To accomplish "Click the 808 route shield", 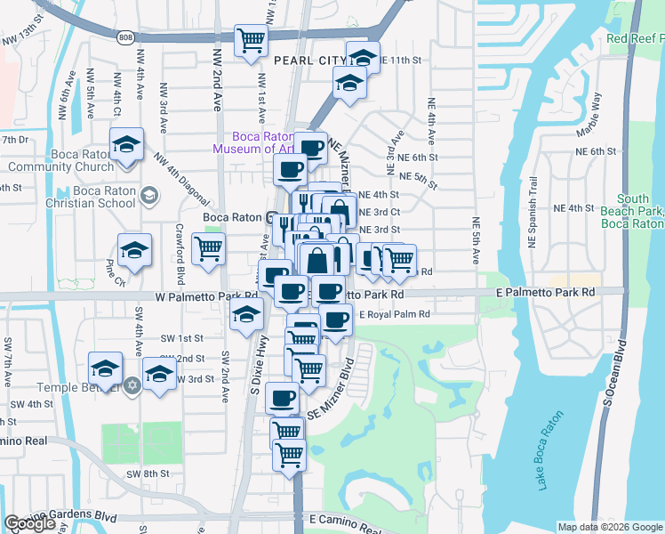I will click(126, 36).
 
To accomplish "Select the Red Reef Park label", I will click(635, 39).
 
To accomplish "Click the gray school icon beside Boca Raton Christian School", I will click(149, 195).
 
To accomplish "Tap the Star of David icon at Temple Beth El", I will click(132, 385).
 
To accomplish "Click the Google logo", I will click(29, 523).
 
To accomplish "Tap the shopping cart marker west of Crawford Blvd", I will click(208, 249).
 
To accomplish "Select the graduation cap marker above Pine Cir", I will click(134, 250).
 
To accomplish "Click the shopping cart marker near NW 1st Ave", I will click(252, 40).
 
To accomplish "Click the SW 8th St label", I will click(147, 473).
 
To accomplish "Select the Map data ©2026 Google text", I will click(610, 527).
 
